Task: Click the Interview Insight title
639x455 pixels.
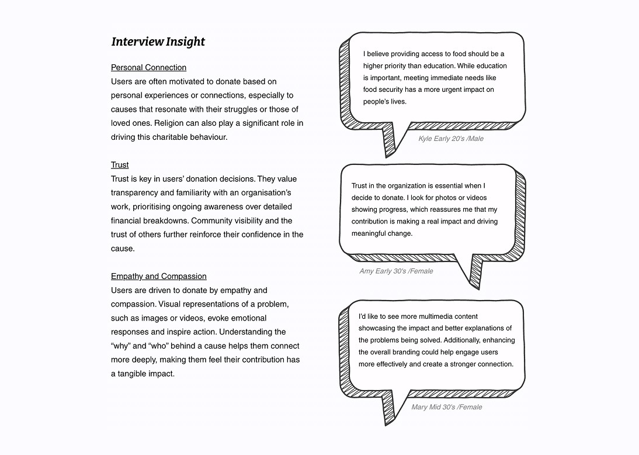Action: tap(158, 42)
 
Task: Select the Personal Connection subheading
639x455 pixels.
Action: tap(148, 67)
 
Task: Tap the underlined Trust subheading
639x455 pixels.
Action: tap(120, 165)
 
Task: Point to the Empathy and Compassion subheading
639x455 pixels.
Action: tap(158, 276)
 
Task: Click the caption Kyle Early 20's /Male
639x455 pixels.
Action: tap(450, 139)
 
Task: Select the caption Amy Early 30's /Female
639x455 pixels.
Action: tap(396, 271)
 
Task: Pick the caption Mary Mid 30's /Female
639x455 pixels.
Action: tap(446, 407)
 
